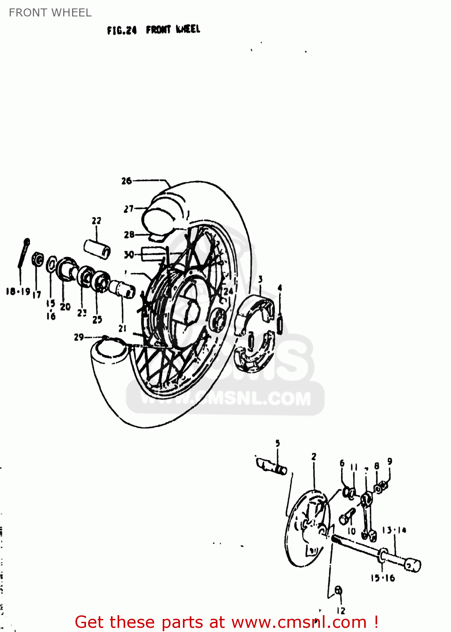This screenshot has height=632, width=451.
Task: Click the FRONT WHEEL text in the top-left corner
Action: [50, 13]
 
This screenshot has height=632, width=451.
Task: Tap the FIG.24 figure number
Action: [122, 30]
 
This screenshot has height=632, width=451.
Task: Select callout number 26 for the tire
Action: [126, 181]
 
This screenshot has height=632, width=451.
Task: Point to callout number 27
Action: [129, 209]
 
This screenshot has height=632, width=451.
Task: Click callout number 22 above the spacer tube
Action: [97, 220]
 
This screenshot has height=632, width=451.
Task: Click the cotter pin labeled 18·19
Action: [24, 253]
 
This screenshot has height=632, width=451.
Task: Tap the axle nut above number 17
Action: [38, 260]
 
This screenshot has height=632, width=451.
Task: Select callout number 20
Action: [65, 307]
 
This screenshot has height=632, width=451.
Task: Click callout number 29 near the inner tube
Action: [79, 337]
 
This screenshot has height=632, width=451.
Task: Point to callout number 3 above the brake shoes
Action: [260, 279]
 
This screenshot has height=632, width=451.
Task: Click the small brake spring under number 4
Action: [279, 325]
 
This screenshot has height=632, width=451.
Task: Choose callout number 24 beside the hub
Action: [228, 291]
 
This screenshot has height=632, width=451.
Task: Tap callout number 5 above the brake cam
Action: [278, 443]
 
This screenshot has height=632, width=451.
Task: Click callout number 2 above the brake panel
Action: [314, 457]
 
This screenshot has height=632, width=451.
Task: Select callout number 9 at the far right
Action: [390, 462]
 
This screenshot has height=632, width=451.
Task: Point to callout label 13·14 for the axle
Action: [394, 530]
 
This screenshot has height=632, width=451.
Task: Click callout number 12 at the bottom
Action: [341, 611]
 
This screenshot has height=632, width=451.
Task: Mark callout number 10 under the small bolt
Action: [352, 531]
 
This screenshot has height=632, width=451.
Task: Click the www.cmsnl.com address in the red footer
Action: [299, 622]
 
